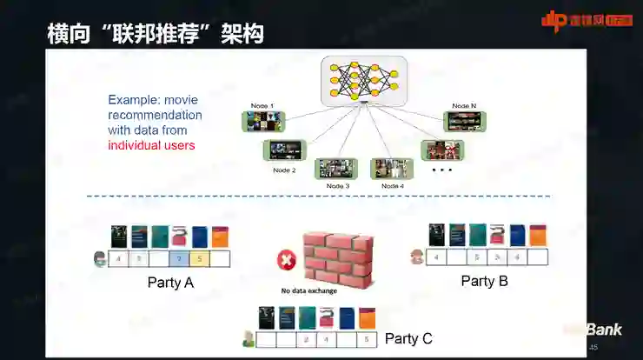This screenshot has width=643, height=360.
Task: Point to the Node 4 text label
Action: tap(392, 186)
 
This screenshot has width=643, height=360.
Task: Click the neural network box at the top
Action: tap(363, 81)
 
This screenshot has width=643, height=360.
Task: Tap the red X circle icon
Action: tap(286, 259)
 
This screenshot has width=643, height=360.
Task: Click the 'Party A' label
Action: tap(171, 283)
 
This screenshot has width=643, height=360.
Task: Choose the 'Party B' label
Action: tap(484, 281)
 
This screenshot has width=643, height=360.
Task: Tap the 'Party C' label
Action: tap(408, 338)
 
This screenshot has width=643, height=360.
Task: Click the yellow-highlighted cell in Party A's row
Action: tap(198, 258)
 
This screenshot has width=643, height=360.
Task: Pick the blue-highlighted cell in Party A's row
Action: tap(178, 258)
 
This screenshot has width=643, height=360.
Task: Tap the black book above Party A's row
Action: tap(118, 237)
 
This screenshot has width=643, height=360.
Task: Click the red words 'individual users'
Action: tap(151, 145)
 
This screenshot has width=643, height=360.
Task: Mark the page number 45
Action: tap(593, 348)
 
